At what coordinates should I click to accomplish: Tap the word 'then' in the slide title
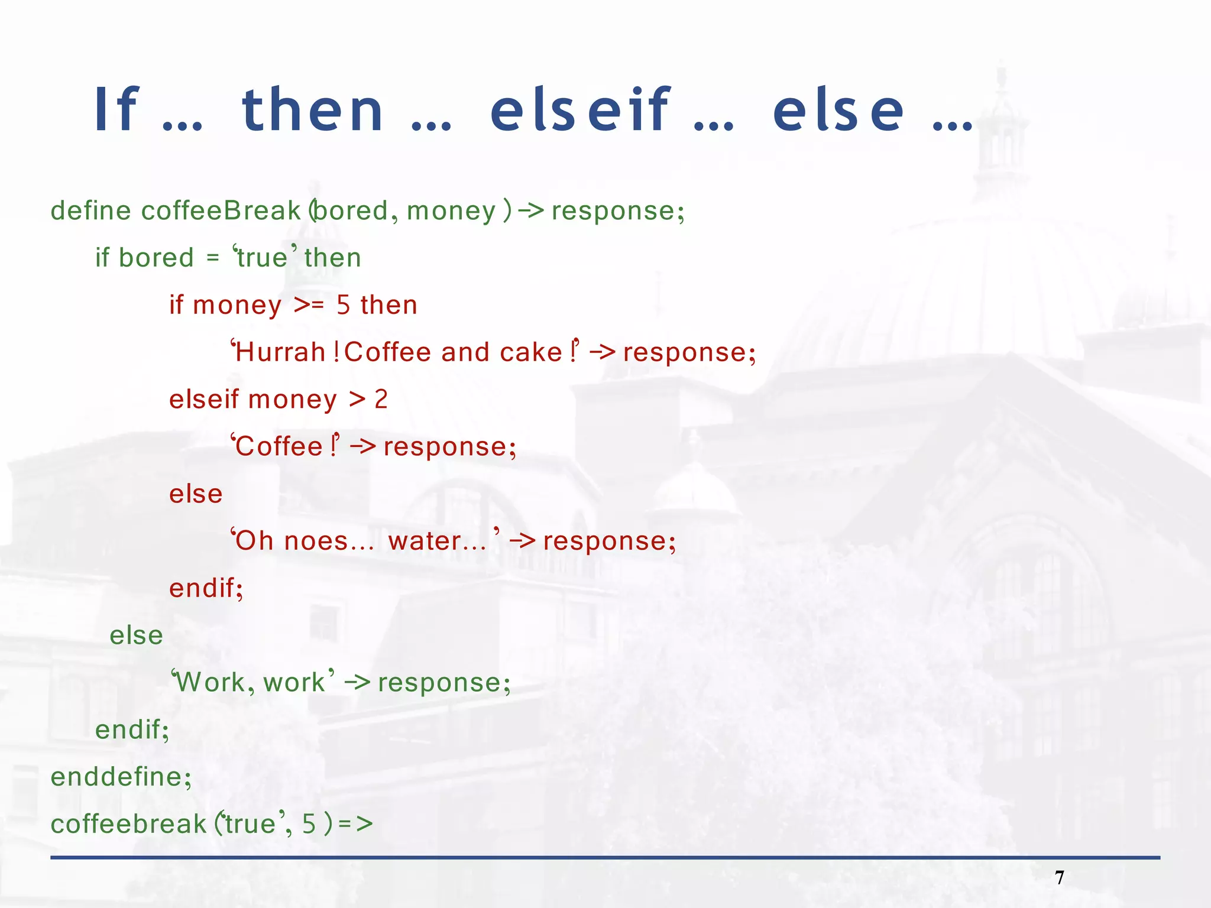pos(313,110)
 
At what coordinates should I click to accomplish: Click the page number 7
pos(1059,878)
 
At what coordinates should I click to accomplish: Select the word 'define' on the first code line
pos(90,211)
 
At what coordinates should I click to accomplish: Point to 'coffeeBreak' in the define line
pos(221,211)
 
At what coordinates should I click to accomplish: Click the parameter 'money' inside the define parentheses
pos(451,211)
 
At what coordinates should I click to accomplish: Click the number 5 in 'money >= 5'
pos(343,306)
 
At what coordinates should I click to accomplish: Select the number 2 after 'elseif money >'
pos(381,400)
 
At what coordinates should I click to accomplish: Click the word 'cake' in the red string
pos(530,352)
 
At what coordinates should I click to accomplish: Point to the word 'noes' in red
pos(316,541)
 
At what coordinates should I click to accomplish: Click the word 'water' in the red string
pos(424,541)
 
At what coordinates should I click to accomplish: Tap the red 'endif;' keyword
pos(206,589)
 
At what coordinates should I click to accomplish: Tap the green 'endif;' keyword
pos(132,730)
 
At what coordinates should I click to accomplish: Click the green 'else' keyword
pos(136,636)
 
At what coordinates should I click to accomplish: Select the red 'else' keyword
pos(196,494)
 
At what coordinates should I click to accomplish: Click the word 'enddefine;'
pos(121,777)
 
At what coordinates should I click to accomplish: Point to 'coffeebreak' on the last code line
pos(128,825)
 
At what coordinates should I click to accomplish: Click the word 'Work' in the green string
pos(211,683)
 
